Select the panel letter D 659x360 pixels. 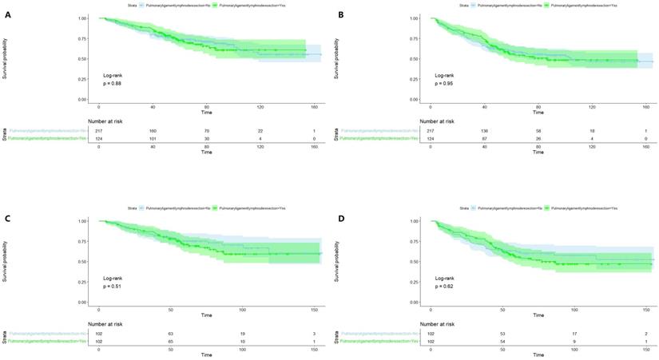click(341, 218)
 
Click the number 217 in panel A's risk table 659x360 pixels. click(99, 130)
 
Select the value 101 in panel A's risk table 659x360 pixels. click(153, 139)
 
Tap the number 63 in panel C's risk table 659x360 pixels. click(170, 333)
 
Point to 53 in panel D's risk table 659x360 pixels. click(502, 333)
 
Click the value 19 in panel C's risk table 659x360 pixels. click(241, 333)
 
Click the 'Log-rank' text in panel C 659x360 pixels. click(112, 277)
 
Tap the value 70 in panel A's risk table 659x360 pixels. click(206, 130)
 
